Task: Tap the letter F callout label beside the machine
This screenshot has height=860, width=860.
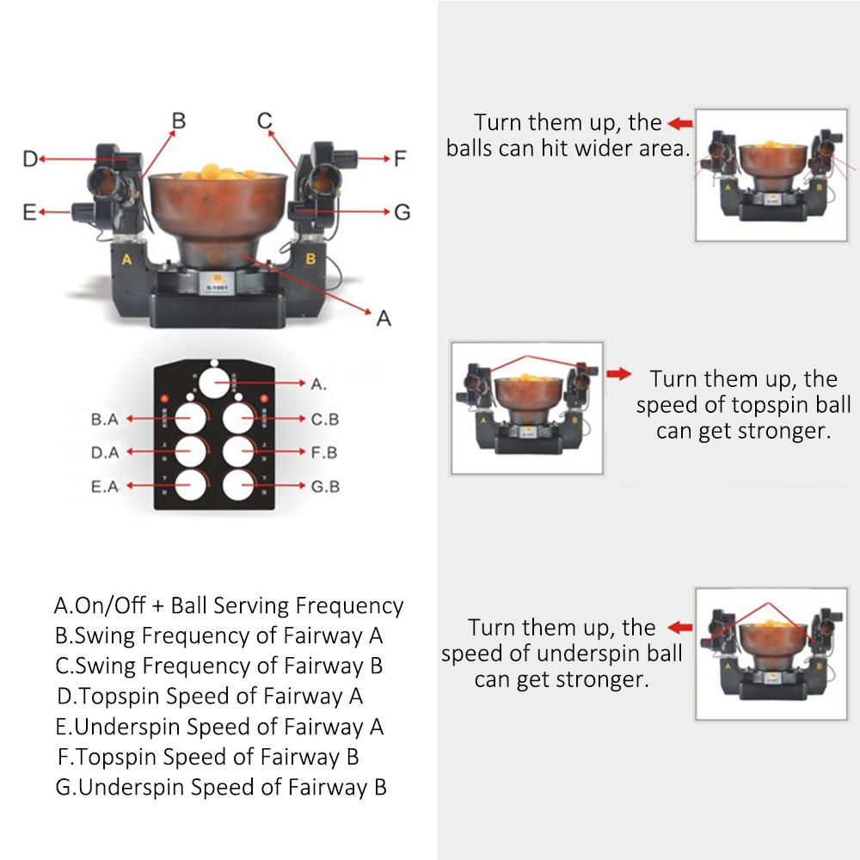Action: [x=399, y=158]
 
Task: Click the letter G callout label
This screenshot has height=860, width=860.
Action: [x=402, y=212]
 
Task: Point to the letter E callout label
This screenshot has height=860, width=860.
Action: [x=29, y=212]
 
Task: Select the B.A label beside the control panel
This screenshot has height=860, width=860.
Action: [x=104, y=420]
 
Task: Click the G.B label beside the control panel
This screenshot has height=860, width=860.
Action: [x=325, y=486]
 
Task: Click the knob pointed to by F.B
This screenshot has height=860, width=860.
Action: [x=240, y=451]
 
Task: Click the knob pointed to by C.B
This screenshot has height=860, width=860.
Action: [x=240, y=419]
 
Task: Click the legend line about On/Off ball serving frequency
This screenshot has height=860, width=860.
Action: [x=228, y=605]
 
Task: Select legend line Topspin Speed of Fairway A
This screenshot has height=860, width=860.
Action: [x=210, y=695]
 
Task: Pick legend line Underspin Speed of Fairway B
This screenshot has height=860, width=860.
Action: [x=221, y=786]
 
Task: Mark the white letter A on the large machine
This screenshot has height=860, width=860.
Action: [x=126, y=257]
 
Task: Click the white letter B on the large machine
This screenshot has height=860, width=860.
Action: [x=310, y=257]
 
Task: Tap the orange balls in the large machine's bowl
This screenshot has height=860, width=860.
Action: [x=215, y=172]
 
